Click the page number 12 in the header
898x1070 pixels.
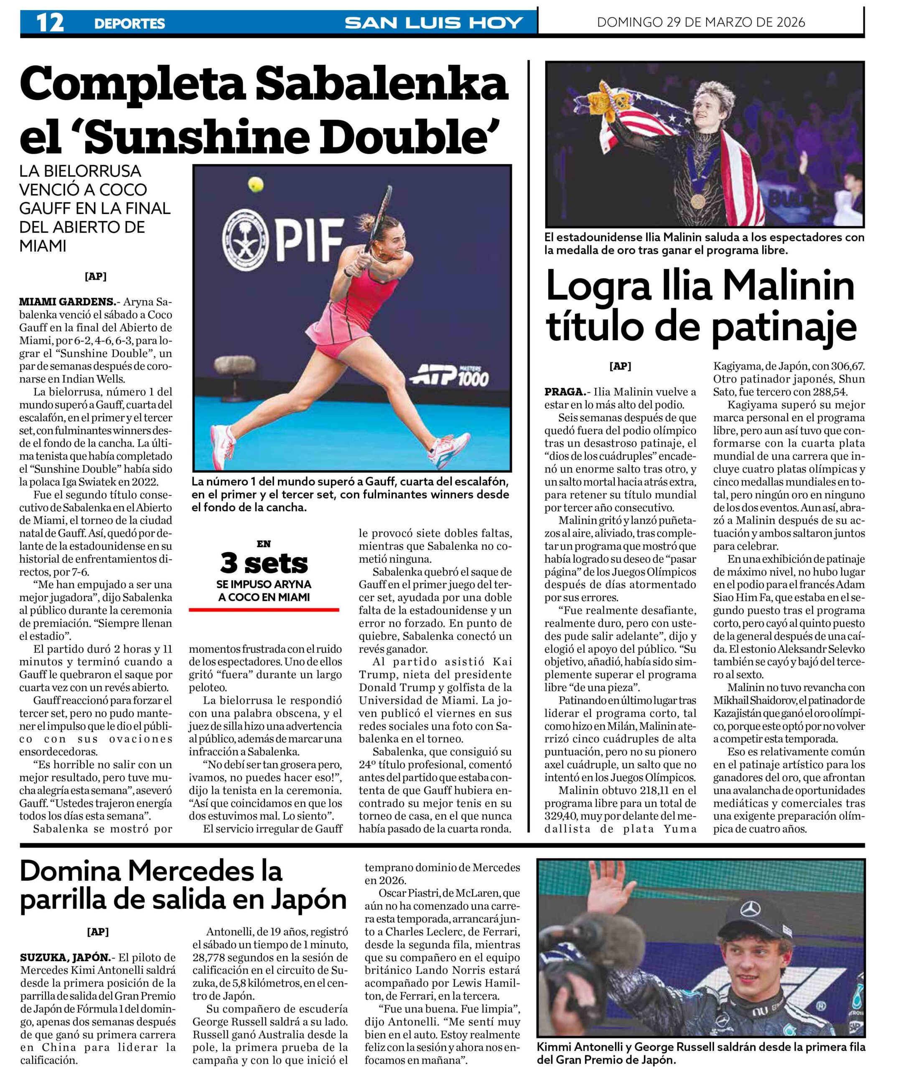pyautogui.click(x=50, y=23)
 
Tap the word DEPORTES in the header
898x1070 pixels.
pyautogui.click(x=130, y=23)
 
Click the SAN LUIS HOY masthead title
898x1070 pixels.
pyautogui.click(x=434, y=23)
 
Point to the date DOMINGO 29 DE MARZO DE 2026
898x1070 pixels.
pyautogui.click(x=701, y=23)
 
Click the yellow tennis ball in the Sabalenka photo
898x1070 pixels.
pyautogui.click(x=256, y=184)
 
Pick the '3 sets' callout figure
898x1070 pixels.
pyautogui.click(x=264, y=563)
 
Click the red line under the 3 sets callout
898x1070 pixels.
pyautogui.click(x=264, y=609)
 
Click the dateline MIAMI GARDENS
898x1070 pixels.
pyautogui.click(x=67, y=302)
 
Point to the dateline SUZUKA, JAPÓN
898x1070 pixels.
pyautogui.click(x=65, y=958)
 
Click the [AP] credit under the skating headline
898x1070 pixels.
pyautogui.click(x=620, y=366)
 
